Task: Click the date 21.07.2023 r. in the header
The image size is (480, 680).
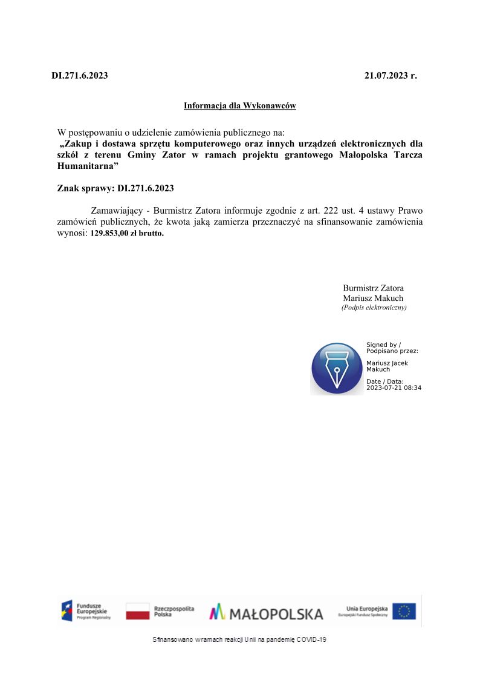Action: tap(391, 76)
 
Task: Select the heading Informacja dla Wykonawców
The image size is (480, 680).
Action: tap(240, 106)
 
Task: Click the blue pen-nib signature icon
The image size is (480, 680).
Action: tap(336, 368)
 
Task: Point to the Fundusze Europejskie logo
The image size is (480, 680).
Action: tap(86, 611)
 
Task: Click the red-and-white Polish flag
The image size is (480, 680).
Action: tap(137, 612)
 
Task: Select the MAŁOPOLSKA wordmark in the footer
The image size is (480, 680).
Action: tap(267, 613)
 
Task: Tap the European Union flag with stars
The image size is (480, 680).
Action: tap(404, 612)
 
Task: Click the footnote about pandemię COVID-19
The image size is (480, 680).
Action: tap(240, 639)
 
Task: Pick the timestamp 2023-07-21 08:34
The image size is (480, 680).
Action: tap(394, 388)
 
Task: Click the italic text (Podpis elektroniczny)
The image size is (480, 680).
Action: tap(374, 308)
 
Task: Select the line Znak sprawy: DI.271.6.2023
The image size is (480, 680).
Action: tap(115, 188)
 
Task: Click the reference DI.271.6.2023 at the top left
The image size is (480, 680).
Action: tap(80, 76)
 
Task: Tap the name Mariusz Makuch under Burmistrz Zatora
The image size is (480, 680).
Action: tap(373, 298)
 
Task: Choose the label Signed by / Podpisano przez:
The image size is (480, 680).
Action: tap(392, 348)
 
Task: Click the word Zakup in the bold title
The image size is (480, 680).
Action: tap(77, 144)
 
